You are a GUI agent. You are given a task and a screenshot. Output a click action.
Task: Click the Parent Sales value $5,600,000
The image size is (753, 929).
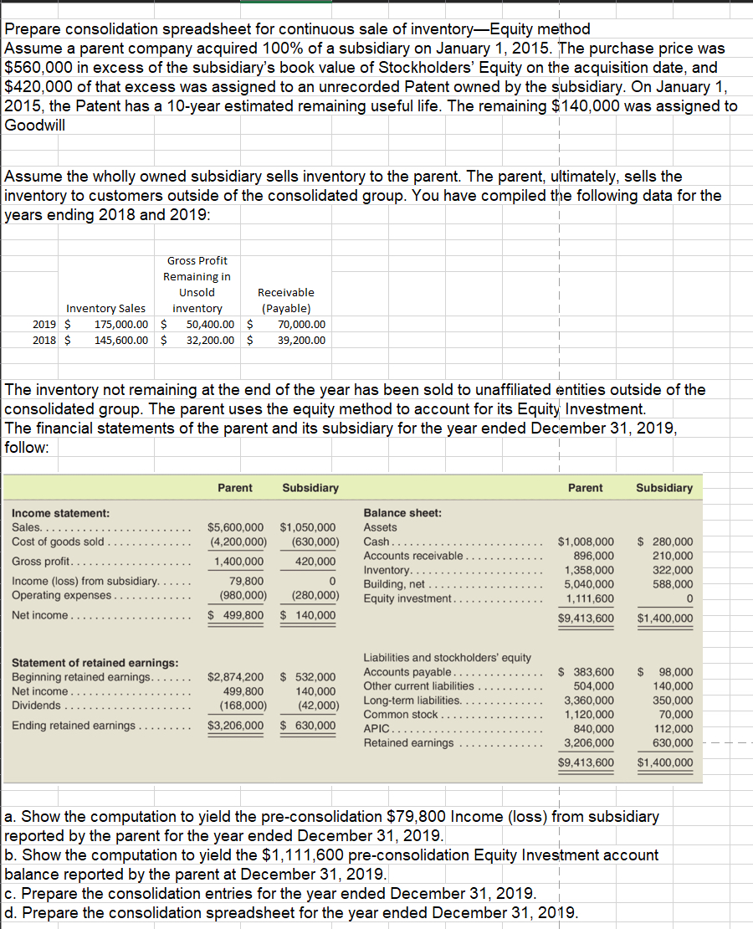coord(235,527)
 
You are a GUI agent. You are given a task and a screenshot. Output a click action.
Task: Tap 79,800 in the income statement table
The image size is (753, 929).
coord(247,581)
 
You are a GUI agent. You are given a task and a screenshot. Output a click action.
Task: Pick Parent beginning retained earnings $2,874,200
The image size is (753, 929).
coord(236,676)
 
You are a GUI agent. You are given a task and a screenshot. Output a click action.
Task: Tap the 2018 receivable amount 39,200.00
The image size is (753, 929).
coord(301,340)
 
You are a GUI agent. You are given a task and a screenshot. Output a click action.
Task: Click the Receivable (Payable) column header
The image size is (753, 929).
coord(286,300)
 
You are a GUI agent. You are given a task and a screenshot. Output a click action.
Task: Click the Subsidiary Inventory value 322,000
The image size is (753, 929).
coord(673,570)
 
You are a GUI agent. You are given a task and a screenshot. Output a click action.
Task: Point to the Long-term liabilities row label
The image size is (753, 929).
coord(412,700)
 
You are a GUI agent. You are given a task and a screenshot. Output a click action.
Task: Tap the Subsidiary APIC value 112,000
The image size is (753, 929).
coord(673,728)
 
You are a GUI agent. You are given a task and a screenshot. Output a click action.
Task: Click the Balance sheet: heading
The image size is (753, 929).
coord(402,512)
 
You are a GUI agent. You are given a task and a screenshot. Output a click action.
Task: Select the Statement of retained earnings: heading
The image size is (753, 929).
coord(95,663)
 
